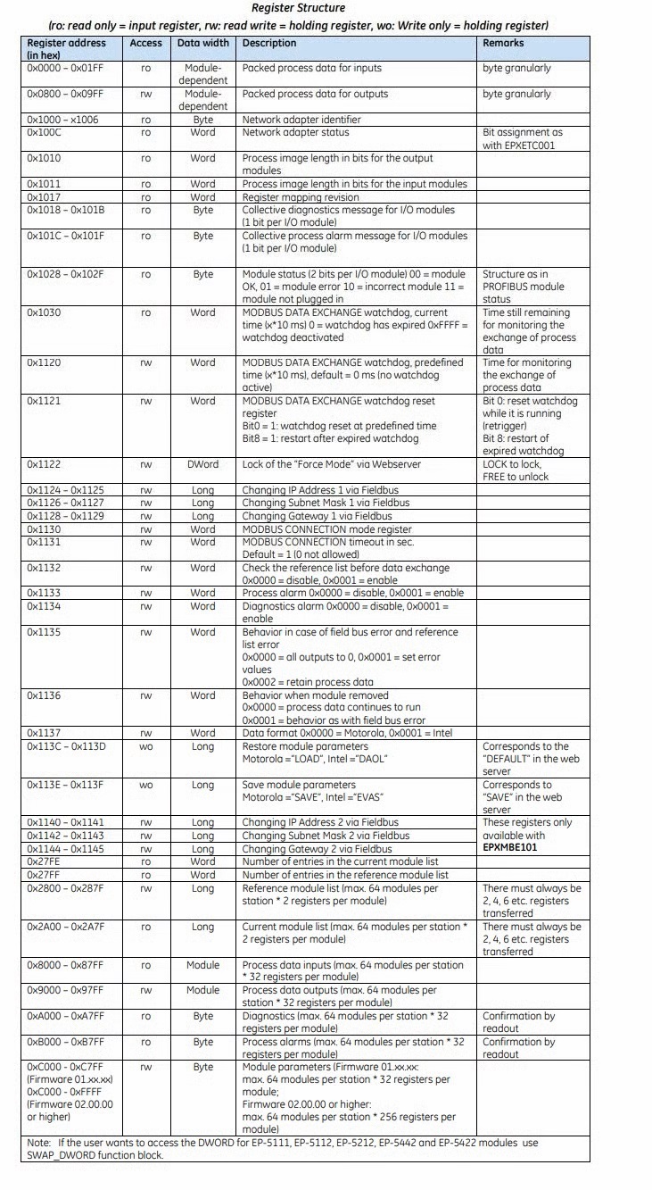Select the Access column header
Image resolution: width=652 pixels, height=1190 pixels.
[x=145, y=43]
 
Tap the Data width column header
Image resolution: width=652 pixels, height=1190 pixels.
[x=202, y=43]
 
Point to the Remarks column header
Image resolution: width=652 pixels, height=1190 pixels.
[x=504, y=43]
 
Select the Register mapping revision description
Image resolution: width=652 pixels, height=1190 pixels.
[x=301, y=197]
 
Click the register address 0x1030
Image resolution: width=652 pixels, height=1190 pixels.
[x=44, y=313]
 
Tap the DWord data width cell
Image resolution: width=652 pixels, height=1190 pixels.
[x=202, y=465]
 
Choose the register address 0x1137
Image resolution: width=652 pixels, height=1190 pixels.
[x=43, y=734]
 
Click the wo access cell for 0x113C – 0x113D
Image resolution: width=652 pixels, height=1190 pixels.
[x=145, y=746]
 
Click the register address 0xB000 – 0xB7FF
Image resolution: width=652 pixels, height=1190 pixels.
[x=65, y=1042]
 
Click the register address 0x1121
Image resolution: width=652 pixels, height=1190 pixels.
[x=43, y=402]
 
